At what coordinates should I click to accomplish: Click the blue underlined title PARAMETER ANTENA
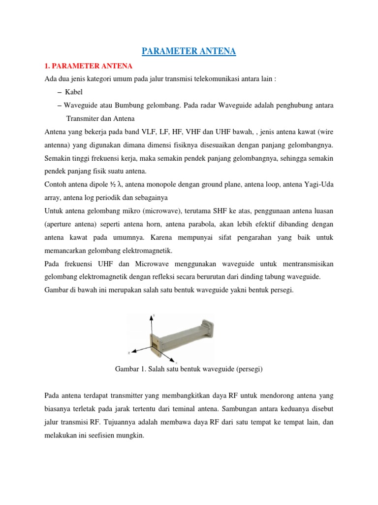tap(189, 51)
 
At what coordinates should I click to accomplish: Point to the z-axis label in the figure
tap(128, 353)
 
